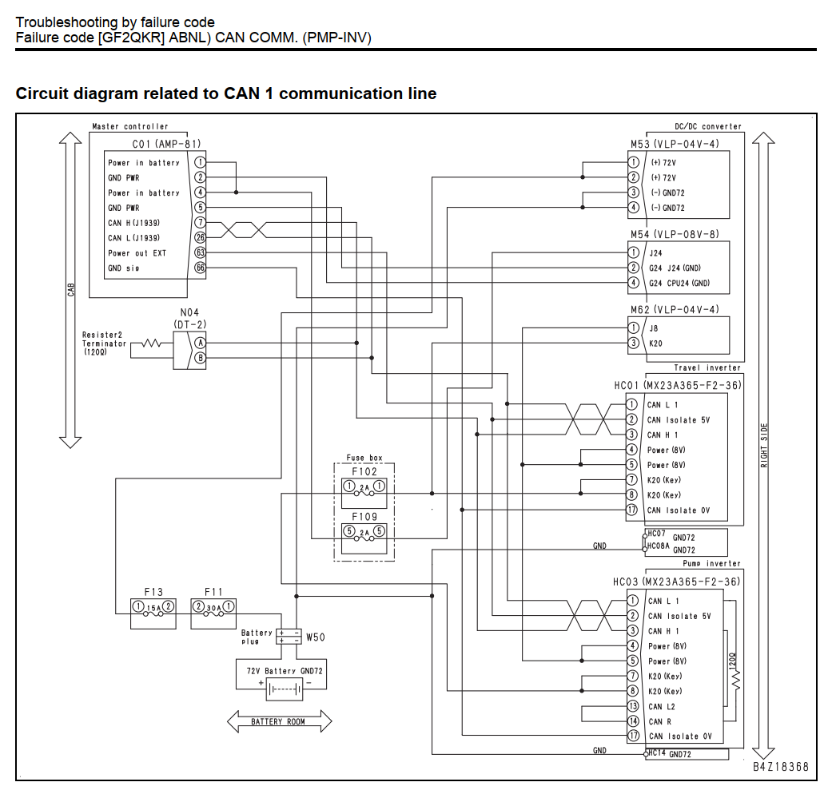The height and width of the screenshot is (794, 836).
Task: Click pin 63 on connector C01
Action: click(200, 252)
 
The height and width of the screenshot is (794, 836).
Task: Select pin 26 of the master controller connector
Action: click(200, 238)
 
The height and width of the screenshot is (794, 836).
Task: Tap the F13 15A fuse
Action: click(153, 607)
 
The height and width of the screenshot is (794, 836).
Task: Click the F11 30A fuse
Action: click(213, 607)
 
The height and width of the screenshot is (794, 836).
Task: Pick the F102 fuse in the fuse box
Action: click(364, 486)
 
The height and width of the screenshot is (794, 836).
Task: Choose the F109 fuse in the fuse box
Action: click(364, 532)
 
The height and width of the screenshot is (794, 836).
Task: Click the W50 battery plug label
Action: click(316, 637)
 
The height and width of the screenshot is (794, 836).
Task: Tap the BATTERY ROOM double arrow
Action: click(280, 721)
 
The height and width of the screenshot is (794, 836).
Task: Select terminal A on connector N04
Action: click(200, 343)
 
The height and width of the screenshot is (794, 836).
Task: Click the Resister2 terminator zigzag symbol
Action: click(151, 343)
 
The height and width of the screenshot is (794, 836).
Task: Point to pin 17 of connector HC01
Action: click(632, 510)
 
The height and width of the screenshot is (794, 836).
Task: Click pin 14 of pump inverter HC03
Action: click(633, 721)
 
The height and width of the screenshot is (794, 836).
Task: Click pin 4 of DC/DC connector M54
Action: click(634, 283)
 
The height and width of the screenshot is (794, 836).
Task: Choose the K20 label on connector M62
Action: click(656, 343)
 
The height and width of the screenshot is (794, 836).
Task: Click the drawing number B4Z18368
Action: click(781, 767)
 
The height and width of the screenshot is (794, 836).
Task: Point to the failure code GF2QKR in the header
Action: click(131, 38)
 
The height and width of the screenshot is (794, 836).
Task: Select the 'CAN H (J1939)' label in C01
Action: click(133, 223)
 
